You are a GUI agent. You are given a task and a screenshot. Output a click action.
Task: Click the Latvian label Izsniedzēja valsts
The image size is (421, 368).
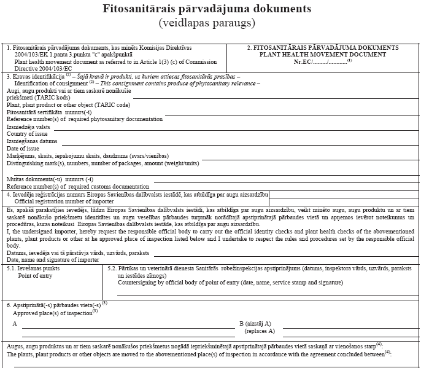pyautogui.click(x=29, y=127)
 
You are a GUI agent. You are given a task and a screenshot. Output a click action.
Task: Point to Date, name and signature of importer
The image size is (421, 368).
pyautogui.click(x=53, y=260)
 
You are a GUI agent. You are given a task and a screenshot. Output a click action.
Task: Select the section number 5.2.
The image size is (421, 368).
pyautogui.click(x=112, y=268)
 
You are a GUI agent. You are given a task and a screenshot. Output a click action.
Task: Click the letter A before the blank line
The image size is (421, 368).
pyautogui.click(x=15, y=323)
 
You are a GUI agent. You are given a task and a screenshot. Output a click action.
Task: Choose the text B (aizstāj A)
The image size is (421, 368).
pyautogui.click(x=255, y=323)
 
